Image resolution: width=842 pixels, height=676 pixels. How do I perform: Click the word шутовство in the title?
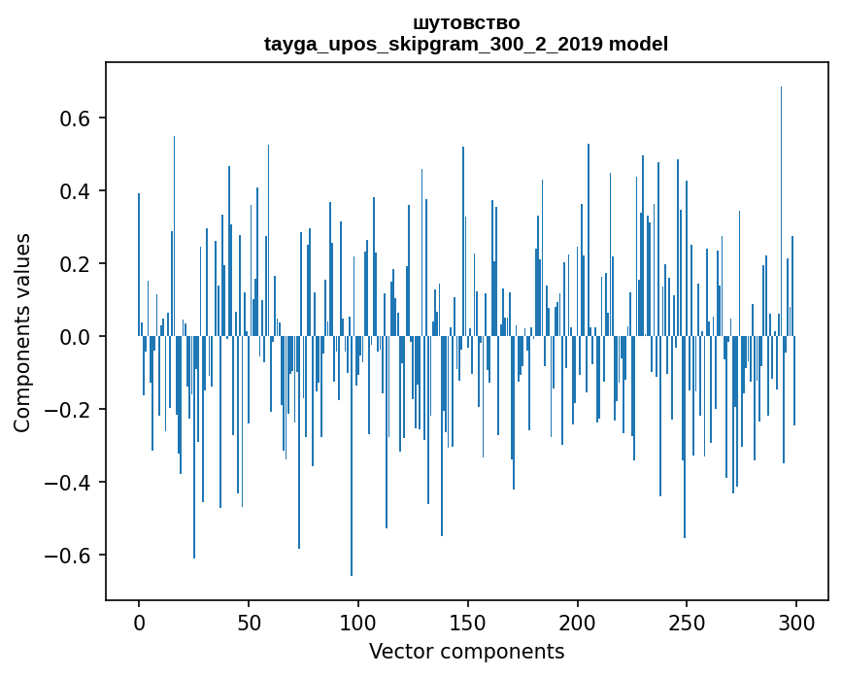[x=466, y=23]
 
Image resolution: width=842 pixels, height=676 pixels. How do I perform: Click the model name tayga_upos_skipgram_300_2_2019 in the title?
[x=433, y=45]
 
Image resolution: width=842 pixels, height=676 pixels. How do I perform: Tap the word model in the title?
[x=638, y=45]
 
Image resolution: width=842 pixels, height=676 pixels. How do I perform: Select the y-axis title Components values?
[x=22, y=332]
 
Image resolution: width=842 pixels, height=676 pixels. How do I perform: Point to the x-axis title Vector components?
[x=466, y=651]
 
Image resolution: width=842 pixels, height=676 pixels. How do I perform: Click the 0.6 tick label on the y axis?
[x=75, y=118]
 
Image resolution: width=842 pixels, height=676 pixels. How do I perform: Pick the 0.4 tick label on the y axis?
[x=75, y=191]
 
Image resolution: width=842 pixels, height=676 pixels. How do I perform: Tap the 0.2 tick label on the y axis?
[x=75, y=264]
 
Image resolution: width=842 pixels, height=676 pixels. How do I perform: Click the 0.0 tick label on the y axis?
[x=75, y=337]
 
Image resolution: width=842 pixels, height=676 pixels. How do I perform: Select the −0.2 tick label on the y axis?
[x=69, y=410]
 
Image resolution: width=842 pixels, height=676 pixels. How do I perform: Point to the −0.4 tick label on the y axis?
[x=69, y=483]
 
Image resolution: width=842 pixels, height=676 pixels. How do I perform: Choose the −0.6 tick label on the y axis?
[x=69, y=556]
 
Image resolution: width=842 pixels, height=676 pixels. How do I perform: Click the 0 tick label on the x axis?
[x=139, y=621]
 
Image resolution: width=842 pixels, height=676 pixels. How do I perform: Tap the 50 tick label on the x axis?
[x=249, y=621]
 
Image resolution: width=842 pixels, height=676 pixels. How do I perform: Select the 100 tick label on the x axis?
[x=358, y=621]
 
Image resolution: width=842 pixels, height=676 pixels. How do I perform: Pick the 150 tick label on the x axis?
[x=468, y=621]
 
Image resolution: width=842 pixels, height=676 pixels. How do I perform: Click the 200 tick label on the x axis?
[x=578, y=621]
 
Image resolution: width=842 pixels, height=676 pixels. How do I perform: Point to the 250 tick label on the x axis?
[x=687, y=621]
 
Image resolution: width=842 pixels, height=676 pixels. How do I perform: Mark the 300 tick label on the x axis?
[x=796, y=621]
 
